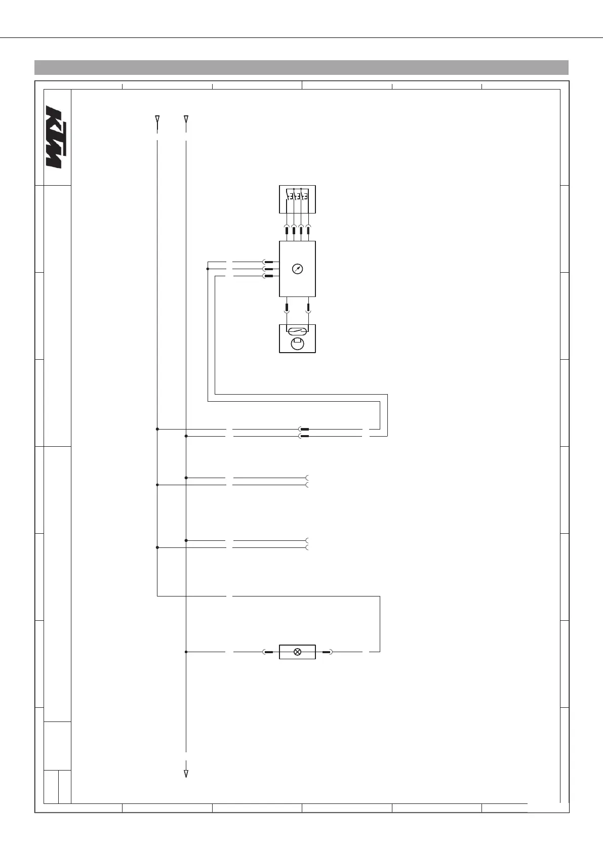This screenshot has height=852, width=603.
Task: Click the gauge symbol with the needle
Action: click(x=298, y=269)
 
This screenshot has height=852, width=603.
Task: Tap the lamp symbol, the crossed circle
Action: click(x=298, y=652)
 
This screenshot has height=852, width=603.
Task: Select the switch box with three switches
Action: click(x=298, y=199)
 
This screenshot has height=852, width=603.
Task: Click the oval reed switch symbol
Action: click(x=297, y=332)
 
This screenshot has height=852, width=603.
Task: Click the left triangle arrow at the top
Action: click(x=157, y=120)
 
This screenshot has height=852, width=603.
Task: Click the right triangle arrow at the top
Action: click(x=186, y=120)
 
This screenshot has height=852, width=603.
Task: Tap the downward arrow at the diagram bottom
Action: click(x=186, y=774)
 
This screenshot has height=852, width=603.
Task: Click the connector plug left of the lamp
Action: click(x=269, y=652)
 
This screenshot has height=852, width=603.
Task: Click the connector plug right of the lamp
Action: click(x=327, y=652)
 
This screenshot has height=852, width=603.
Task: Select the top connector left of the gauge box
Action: click(x=268, y=262)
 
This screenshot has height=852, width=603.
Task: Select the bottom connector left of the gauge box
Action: click(x=268, y=276)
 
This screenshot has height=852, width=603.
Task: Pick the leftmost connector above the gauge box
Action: click(x=287, y=230)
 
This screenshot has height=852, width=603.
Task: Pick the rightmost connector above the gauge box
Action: click(x=309, y=230)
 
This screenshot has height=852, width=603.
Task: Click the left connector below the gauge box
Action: click(x=287, y=307)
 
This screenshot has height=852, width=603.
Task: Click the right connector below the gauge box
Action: click(x=309, y=307)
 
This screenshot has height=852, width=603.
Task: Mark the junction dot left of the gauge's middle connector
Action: click(x=208, y=269)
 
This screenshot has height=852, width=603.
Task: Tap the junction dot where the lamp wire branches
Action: click(x=186, y=652)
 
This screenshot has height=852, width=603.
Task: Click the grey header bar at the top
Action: click(x=301, y=67)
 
